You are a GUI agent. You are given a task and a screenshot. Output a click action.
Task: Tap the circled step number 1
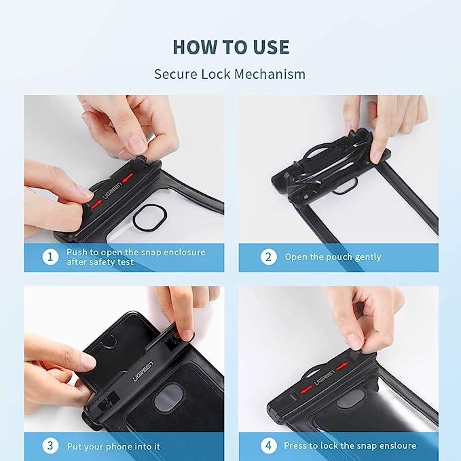(50, 257)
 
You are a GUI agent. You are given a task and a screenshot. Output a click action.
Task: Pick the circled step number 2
(268, 257)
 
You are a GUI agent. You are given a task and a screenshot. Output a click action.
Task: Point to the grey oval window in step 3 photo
(167, 397)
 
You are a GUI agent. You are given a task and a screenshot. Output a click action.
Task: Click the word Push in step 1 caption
(77, 252)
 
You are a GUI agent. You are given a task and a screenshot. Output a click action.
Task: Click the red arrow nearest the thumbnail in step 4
(341, 366)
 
